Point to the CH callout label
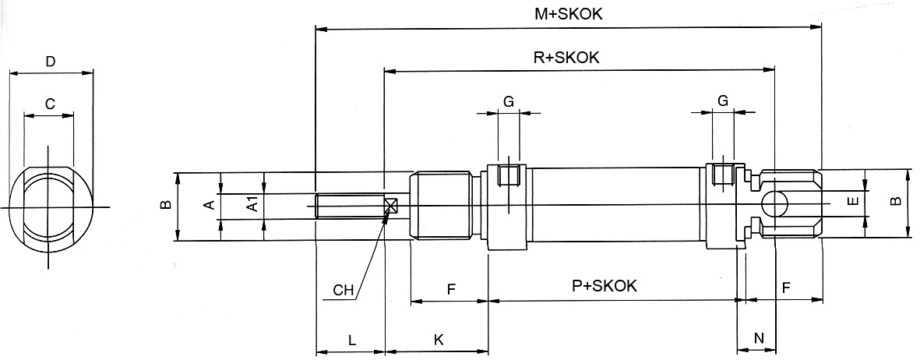click(x=344, y=291)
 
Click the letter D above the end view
click(x=50, y=62)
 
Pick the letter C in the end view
click(x=49, y=104)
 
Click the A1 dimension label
click(x=252, y=205)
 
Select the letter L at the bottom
click(x=351, y=341)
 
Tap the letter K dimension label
click(x=438, y=341)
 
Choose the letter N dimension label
click(x=759, y=337)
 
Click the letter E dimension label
click(x=852, y=201)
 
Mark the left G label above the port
click(x=508, y=101)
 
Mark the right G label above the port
click(x=722, y=101)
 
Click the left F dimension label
click(x=451, y=289)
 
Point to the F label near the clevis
click(x=786, y=288)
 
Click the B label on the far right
click(x=896, y=201)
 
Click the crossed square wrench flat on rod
click(x=390, y=206)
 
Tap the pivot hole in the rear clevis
click(x=774, y=205)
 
